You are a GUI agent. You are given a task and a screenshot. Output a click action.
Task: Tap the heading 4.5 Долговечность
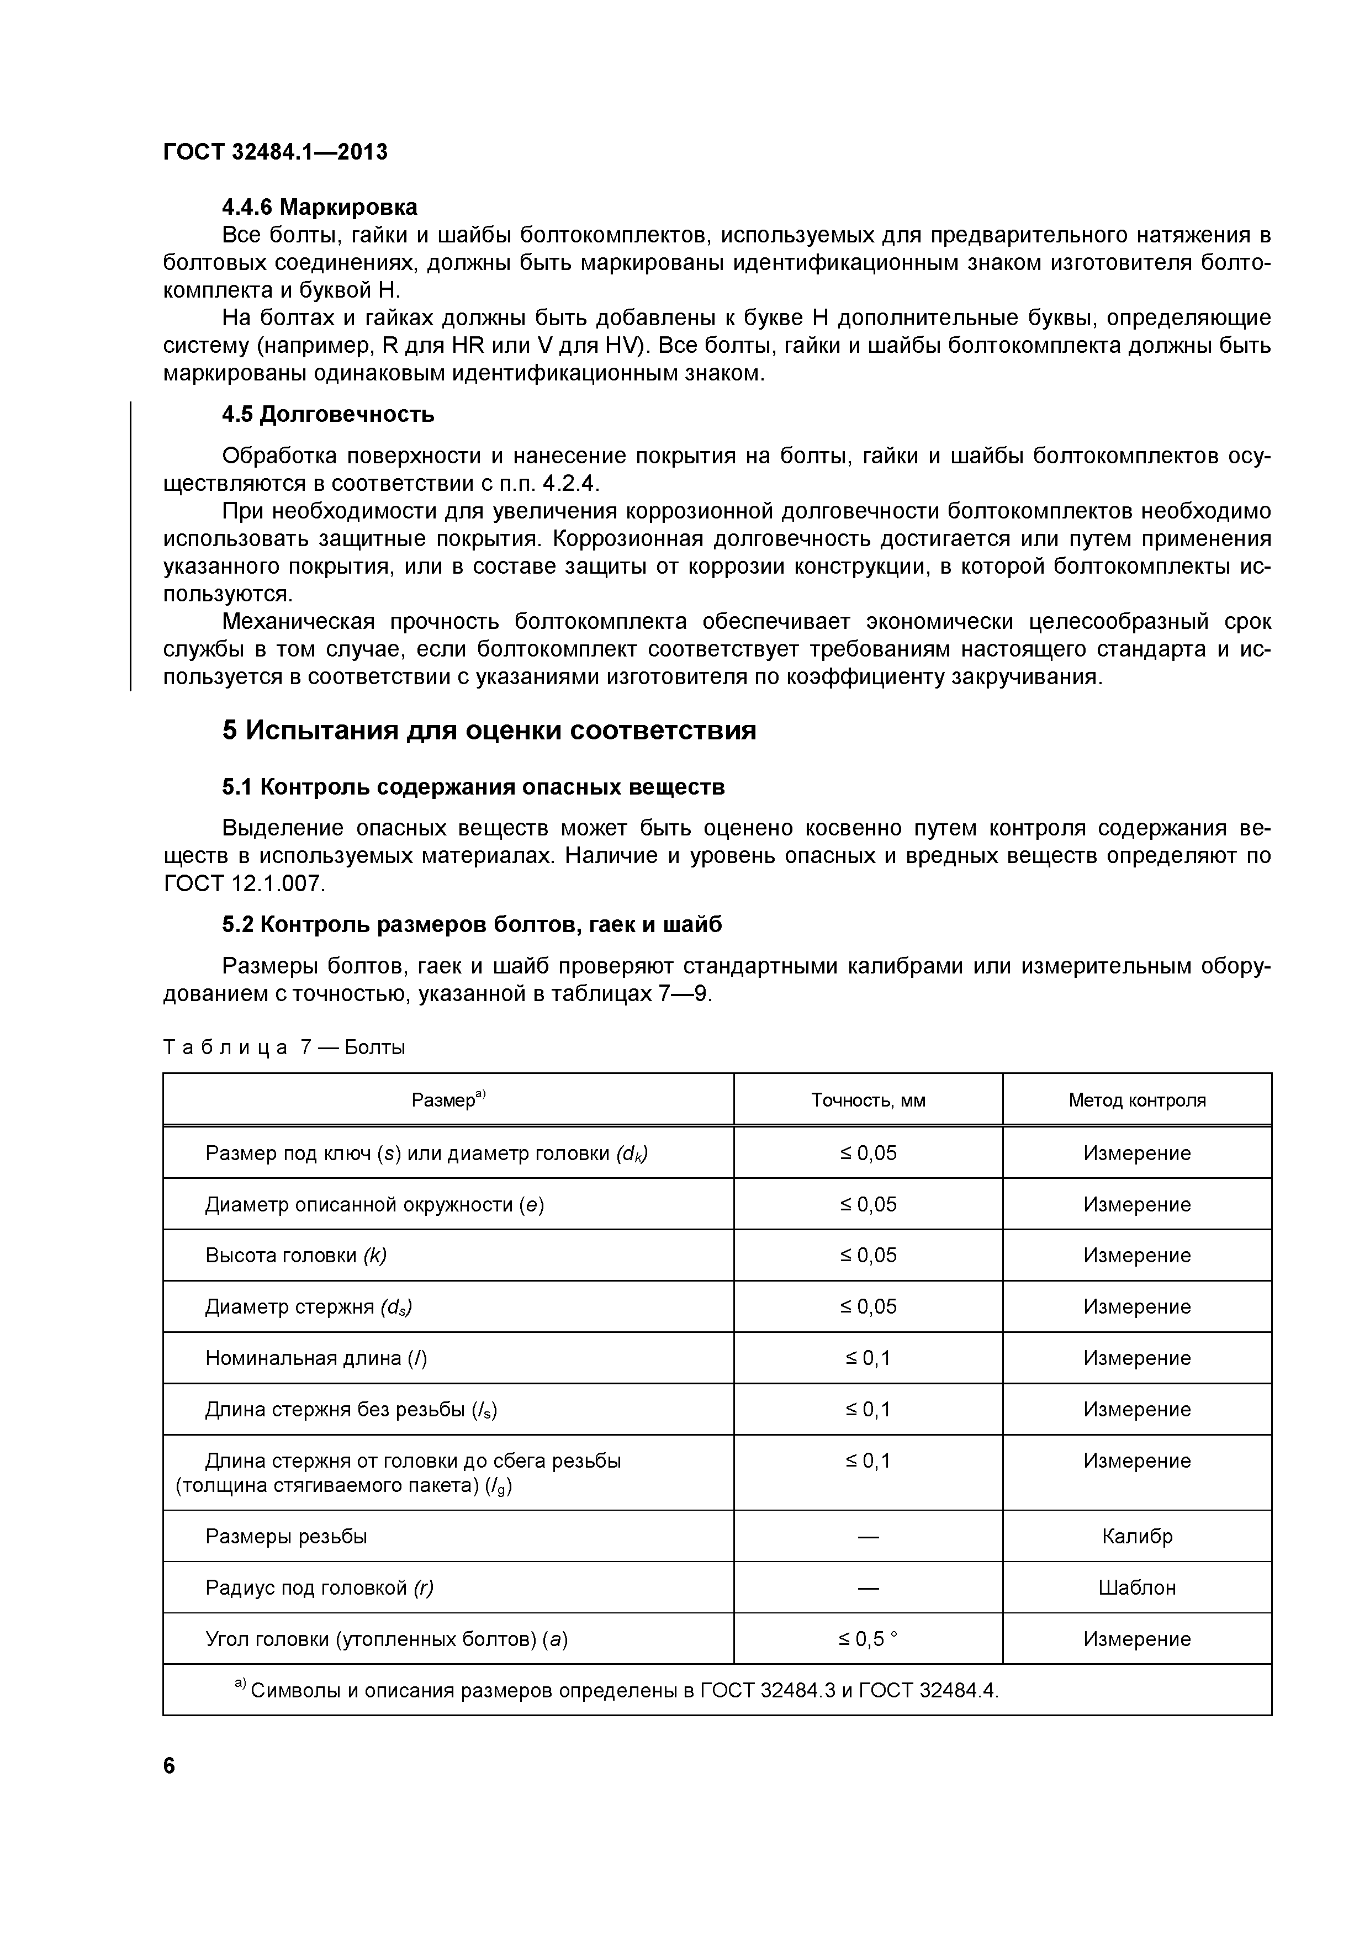328,414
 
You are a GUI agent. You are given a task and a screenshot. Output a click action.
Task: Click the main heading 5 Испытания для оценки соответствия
489,731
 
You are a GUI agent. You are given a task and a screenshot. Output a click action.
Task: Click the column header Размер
448,1100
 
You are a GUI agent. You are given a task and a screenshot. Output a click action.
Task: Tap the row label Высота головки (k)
296,1255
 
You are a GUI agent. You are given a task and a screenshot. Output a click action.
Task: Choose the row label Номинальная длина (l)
316,1358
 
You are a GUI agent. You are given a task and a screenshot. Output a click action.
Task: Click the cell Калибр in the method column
1136,1536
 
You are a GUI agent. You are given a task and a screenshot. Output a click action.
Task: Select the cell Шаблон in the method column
1136,1587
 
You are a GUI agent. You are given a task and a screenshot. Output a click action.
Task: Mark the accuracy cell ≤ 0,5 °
868,1639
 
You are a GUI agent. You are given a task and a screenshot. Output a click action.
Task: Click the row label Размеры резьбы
287,1536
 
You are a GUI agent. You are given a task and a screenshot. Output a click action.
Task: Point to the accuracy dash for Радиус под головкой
868,1587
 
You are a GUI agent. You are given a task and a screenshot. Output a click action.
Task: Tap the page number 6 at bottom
170,1766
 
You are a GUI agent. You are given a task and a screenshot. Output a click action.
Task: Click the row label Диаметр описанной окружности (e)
374,1205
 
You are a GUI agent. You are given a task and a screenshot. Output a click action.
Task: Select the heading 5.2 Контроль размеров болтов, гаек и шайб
472,925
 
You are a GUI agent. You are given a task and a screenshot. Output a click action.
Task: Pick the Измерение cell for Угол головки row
1136,1639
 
